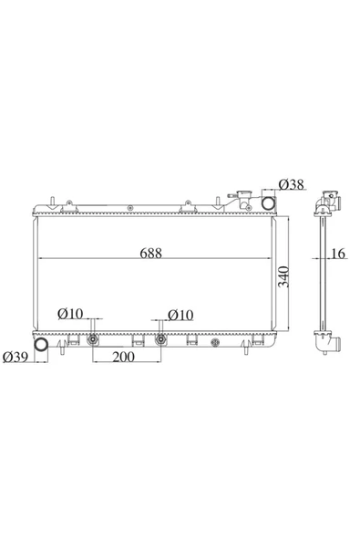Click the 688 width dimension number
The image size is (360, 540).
point(150,254)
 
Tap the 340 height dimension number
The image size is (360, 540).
point(283,277)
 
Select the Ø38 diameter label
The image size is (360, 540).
point(292,185)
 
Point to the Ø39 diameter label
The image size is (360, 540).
point(15,358)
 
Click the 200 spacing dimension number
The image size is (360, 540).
point(124,358)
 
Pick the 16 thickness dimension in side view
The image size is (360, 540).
point(338,254)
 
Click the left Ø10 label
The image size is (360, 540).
point(70,314)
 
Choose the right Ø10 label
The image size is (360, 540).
point(180,315)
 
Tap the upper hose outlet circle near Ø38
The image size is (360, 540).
point(269,202)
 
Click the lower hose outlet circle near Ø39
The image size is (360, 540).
point(41,345)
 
